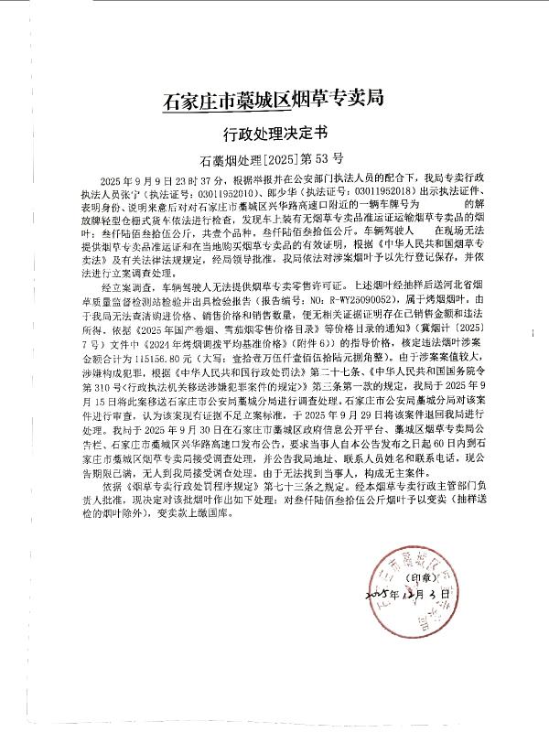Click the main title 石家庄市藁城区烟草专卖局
[x=271, y=96]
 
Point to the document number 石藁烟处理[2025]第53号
[x=271, y=157]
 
